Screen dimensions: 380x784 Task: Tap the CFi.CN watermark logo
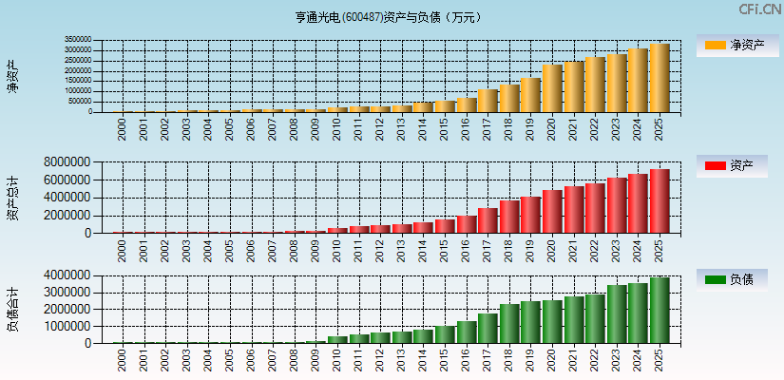coord(759,9)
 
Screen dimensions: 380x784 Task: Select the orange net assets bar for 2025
coord(660,78)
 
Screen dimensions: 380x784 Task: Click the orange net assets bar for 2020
coord(552,88)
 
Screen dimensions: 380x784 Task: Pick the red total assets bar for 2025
coord(660,201)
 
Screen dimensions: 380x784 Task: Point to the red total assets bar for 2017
coord(488,220)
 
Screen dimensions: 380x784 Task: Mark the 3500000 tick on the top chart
coord(78,41)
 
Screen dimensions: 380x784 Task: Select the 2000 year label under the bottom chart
coord(122,359)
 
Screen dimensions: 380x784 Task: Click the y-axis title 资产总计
coord(12,199)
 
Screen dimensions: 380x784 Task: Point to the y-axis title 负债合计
coord(12,310)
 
